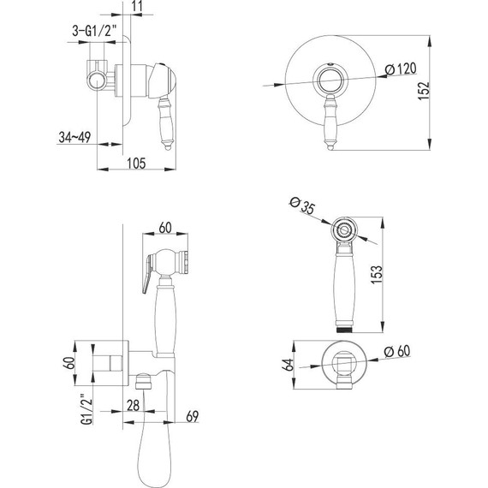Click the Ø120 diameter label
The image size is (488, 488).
pyautogui.click(x=402, y=68)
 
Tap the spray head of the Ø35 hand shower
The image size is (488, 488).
pyautogui.click(x=342, y=230)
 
